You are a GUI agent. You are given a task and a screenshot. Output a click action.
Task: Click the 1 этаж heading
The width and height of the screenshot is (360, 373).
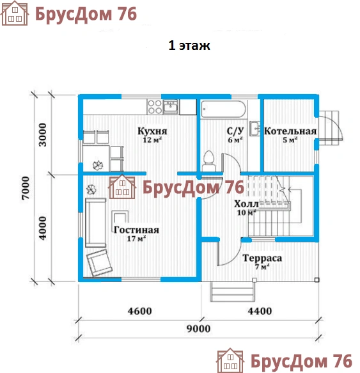(x=189, y=45)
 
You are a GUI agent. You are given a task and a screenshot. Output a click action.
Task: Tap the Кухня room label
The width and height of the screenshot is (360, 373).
(x=152, y=131)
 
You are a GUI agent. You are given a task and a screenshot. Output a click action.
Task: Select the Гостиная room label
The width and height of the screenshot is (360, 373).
(x=136, y=230)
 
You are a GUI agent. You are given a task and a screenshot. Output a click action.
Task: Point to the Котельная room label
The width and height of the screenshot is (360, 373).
(x=290, y=131)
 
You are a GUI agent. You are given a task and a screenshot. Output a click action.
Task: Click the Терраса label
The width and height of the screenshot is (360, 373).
(x=262, y=258)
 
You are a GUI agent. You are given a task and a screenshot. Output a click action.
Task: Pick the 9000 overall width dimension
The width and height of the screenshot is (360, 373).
(x=199, y=328)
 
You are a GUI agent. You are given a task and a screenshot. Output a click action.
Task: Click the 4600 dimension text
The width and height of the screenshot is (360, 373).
(x=139, y=311)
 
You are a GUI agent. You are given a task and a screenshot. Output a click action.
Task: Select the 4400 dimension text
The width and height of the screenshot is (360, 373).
(x=260, y=311)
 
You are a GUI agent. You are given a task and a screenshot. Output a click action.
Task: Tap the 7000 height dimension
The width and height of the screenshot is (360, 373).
(x=26, y=188)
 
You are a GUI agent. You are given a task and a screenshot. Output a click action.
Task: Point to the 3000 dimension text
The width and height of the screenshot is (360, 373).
(x=43, y=134)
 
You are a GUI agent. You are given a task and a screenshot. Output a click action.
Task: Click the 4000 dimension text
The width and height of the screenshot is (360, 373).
(x=43, y=228)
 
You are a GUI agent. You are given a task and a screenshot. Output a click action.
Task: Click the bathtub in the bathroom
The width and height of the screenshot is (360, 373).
(x=223, y=109)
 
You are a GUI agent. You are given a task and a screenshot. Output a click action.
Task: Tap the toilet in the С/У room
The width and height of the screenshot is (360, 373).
(x=209, y=161)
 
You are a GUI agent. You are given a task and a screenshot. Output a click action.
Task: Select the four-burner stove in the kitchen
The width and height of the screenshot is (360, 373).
(x=155, y=107)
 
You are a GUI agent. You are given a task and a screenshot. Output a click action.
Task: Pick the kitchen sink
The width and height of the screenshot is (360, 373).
(x=171, y=107)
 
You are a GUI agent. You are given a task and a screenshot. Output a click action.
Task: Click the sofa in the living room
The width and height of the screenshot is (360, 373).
(x=95, y=223)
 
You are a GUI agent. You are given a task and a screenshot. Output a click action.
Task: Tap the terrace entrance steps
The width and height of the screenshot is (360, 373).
(x=232, y=292)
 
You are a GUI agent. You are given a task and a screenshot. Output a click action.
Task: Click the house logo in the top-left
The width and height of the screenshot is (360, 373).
(x=15, y=13)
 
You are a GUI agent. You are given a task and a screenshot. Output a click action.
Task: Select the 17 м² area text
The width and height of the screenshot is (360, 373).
(x=136, y=239)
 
